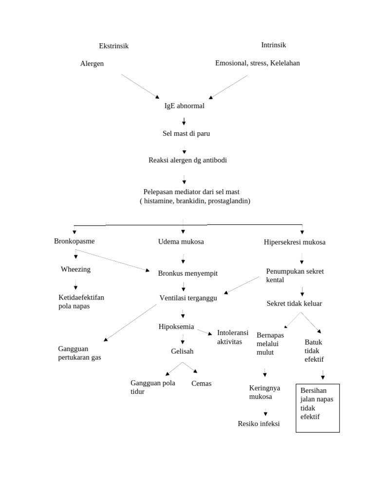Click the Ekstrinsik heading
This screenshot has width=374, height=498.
pyautogui.click(x=113, y=46)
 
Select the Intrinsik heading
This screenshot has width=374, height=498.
pyautogui.click(x=273, y=45)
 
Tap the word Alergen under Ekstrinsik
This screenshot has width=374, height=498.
pyautogui.click(x=92, y=64)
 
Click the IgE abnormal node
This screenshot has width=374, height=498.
pyautogui.click(x=184, y=106)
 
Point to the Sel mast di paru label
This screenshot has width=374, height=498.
pyautogui.click(x=186, y=133)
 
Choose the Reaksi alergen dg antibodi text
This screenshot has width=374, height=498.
pyautogui.click(x=187, y=160)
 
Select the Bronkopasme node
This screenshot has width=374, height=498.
pyautogui.click(x=74, y=241)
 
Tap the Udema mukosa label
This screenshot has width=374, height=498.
pyautogui.click(x=181, y=242)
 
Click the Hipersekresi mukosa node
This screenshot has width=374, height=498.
pyautogui.click(x=294, y=242)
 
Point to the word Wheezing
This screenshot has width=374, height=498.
pyautogui.click(x=75, y=269)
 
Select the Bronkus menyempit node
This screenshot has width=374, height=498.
pyautogui.click(x=187, y=273)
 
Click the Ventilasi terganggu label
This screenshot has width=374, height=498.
pyautogui.click(x=188, y=298)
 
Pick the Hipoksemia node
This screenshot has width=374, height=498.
pyautogui.click(x=176, y=326)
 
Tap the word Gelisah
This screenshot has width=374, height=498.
pyautogui.click(x=182, y=351)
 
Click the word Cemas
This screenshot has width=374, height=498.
pyautogui.click(x=201, y=384)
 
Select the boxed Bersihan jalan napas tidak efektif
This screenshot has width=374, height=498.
pyautogui.click(x=318, y=408)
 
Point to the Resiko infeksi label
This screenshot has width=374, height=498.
pyautogui.click(x=259, y=424)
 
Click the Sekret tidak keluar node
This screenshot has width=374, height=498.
pyautogui.click(x=294, y=303)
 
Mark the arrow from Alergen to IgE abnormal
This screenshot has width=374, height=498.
pyautogui.click(x=140, y=86)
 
